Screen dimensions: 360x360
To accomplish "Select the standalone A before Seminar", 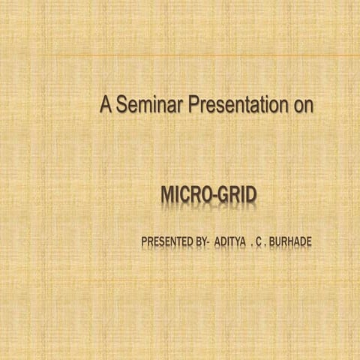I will click(106, 106).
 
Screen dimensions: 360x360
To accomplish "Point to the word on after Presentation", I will click(301, 106).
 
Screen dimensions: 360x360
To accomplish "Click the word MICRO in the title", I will click(186, 196).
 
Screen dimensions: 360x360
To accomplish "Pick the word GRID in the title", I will click(238, 196).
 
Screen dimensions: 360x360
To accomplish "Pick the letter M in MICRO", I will click(168, 196).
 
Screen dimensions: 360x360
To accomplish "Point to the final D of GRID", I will click(250, 196).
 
